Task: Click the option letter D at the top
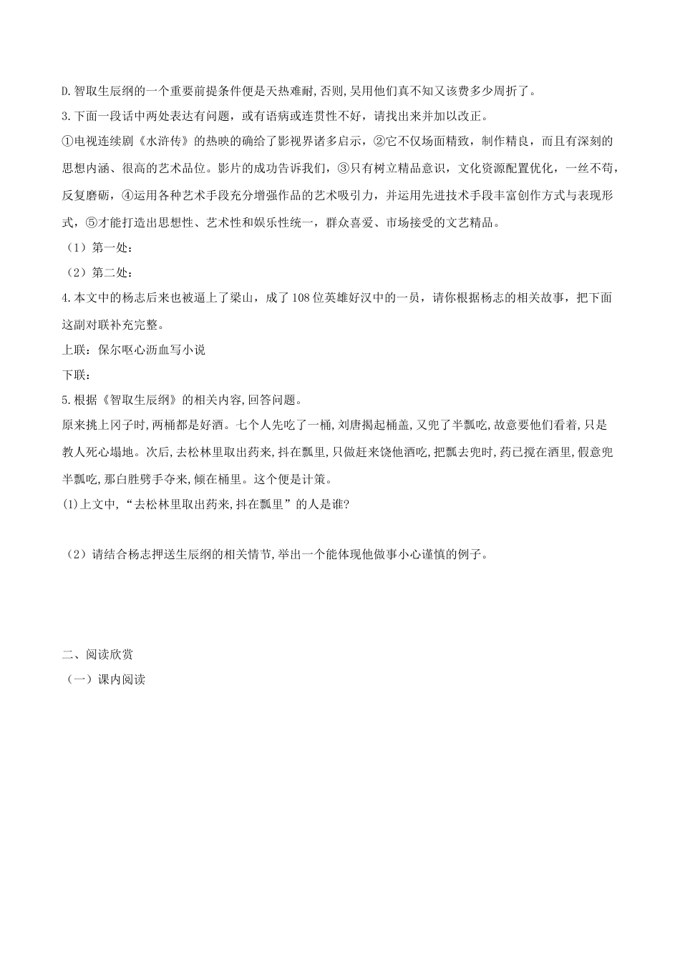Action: pyautogui.click(x=65, y=91)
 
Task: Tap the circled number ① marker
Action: pyautogui.click(x=68, y=142)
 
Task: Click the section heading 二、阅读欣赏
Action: pyautogui.click(x=97, y=654)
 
